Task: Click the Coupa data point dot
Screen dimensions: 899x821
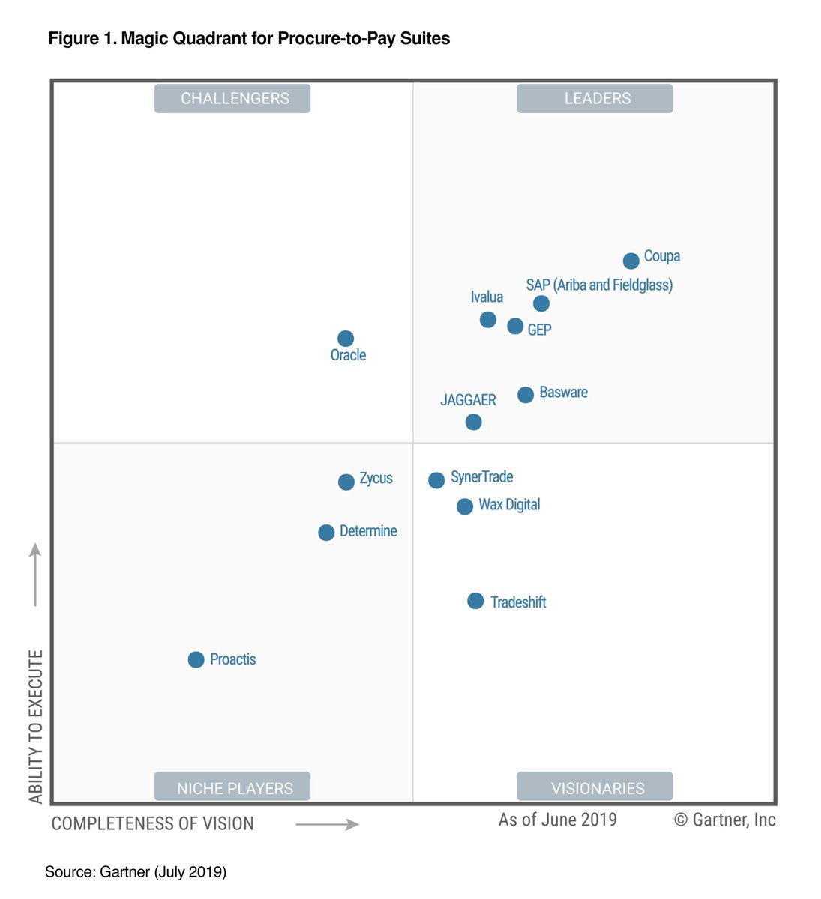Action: [x=631, y=261]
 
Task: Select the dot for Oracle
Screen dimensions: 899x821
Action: [x=345, y=339]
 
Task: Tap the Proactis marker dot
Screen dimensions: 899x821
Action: [x=196, y=659]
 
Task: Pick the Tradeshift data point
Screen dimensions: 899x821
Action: [x=475, y=601]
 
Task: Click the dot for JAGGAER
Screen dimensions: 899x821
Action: [x=473, y=422]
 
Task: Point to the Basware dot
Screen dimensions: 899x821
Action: [x=526, y=395]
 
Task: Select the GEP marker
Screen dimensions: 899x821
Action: [x=515, y=326]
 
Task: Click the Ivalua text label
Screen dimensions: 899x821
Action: [x=487, y=297]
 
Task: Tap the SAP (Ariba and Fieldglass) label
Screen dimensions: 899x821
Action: [x=599, y=285]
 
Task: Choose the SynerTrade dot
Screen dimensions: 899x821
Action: [x=436, y=480]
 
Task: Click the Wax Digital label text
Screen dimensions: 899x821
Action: [x=509, y=504]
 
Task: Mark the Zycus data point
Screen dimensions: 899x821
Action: [x=346, y=482]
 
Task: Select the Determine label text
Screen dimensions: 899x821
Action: [x=368, y=531]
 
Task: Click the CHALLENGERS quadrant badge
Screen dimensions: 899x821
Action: [x=232, y=98]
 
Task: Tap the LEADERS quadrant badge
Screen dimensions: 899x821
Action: [x=595, y=98]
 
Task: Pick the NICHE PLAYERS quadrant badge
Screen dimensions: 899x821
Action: [x=232, y=787]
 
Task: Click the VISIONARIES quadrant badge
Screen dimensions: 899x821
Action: [x=595, y=787]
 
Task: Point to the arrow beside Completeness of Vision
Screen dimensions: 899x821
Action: [x=327, y=824]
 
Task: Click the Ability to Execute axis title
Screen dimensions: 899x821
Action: [x=36, y=726]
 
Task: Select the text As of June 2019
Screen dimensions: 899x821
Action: [x=557, y=820]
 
